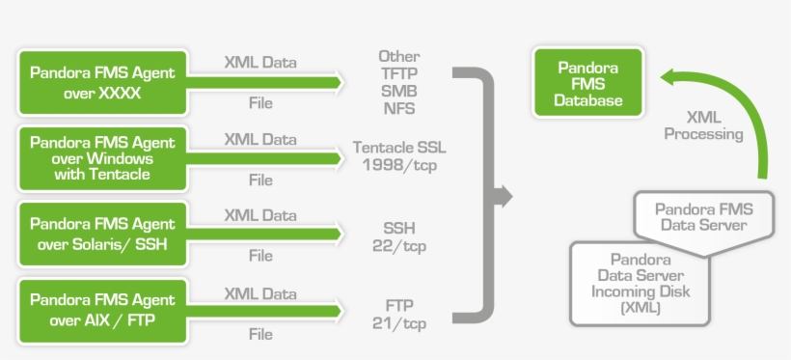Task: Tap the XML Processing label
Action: pyautogui.click(x=703, y=125)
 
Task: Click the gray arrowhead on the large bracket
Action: pyautogui.click(x=501, y=197)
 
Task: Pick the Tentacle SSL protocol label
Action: pyautogui.click(x=399, y=148)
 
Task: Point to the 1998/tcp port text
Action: pyautogui.click(x=399, y=164)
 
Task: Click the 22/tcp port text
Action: pyautogui.click(x=399, y=245)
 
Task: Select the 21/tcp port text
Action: pyautogui.click(x=399, y=322)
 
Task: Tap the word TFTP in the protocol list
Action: pyautogui.click(x=398, y=73)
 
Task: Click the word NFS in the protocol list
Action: pyautogui.click(x=398, y=108)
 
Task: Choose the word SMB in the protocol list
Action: pyautogui.click(x=398, y=91)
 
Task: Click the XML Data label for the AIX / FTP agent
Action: pyautogui.click(x=260, y=292)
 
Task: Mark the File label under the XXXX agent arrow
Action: pyautogui.click(x=260, y=103)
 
